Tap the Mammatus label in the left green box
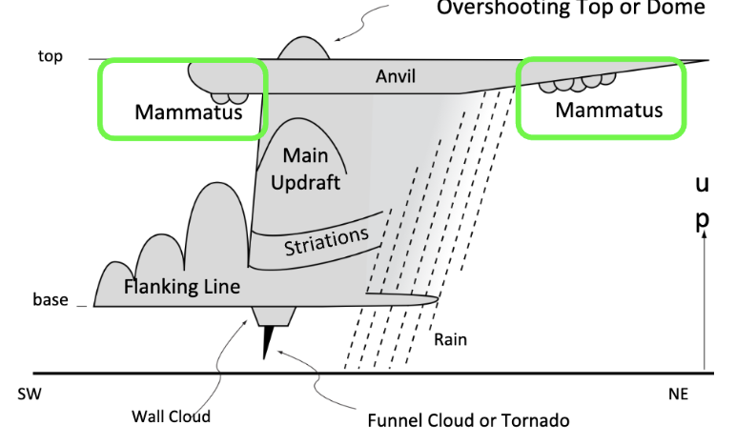188,113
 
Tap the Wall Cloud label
170,416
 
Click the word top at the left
50,57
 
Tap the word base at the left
51,299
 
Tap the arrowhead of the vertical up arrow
705,237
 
